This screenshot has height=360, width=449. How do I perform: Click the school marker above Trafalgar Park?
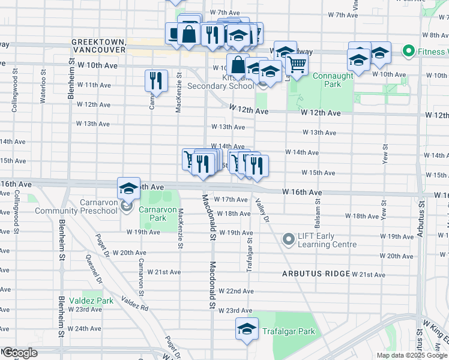coord(247,329)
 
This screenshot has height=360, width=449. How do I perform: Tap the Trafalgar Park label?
coord(288,331)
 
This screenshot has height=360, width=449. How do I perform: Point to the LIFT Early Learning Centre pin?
coord(289,239)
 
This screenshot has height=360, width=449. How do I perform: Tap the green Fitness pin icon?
coord(410,52)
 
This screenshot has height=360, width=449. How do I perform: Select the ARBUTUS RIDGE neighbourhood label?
coord(316,274)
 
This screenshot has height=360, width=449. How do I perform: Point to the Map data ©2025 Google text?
coord(411,355)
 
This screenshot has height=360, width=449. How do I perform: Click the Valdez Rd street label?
coord(134,302)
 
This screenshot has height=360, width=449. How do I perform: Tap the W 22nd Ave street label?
coord(236,291)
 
